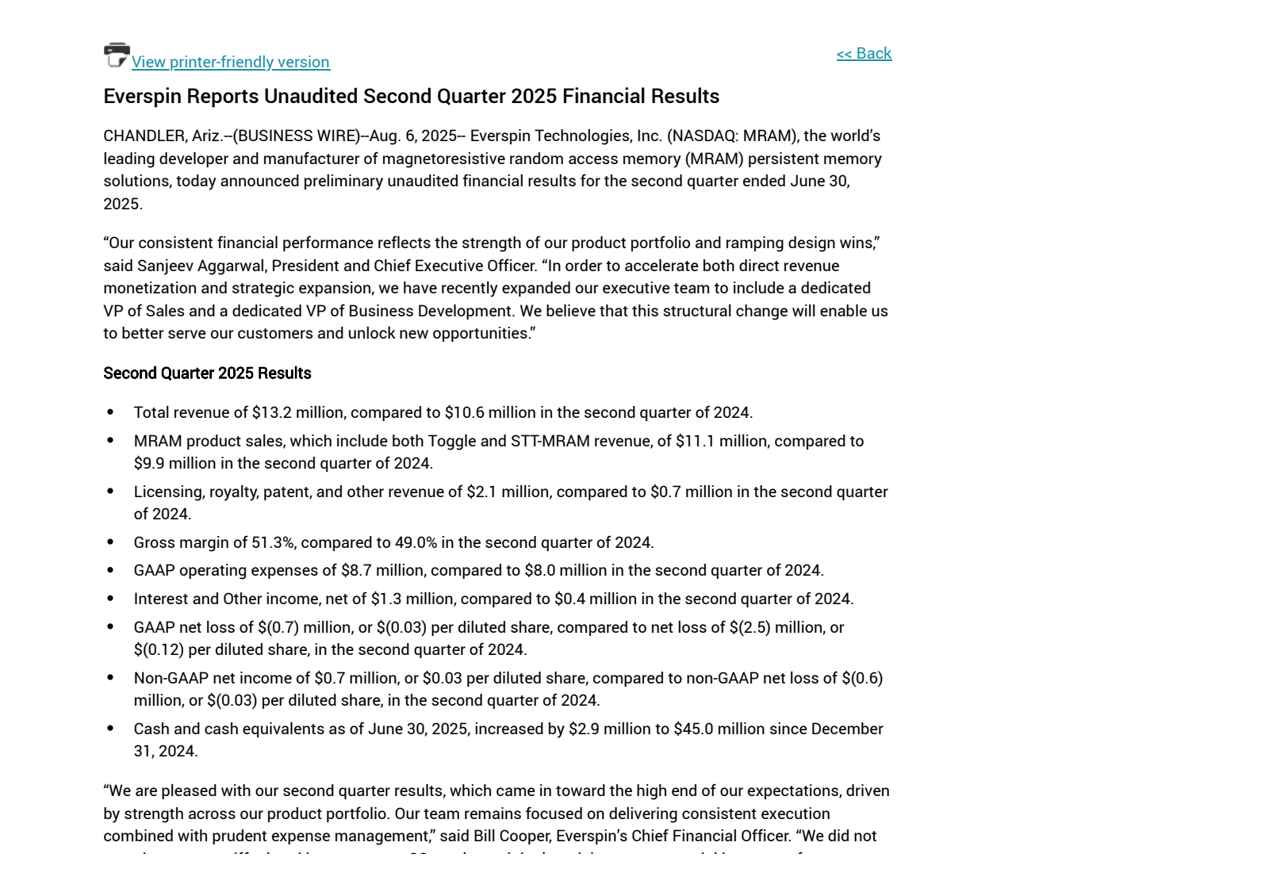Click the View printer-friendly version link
[x=230, y=62]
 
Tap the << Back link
[x=864, y=53]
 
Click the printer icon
[x=117, y=55]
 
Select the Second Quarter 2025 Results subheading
[x=207, y=373]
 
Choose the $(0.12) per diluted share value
[x=159, y=649]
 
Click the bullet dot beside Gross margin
[x=110, y=542]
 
